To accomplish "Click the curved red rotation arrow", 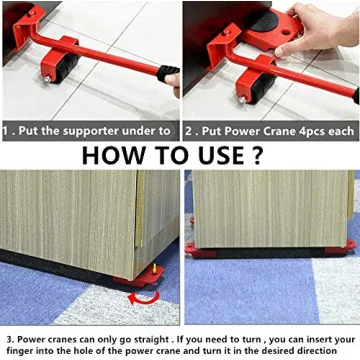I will coord(143,296).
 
